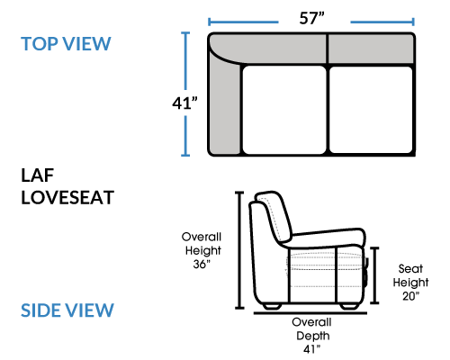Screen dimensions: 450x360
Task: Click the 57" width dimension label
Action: coord(312,18)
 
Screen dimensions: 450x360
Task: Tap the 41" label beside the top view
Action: coord(184,103)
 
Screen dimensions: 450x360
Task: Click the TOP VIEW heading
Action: coord(66,44)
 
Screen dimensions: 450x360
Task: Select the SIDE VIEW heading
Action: coord(67,310)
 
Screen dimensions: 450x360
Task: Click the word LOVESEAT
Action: coord(67,197)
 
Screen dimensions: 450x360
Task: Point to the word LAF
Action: coord(37,175)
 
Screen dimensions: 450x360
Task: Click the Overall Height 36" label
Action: coord(202,250)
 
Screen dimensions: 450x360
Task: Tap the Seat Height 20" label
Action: coord(410,283)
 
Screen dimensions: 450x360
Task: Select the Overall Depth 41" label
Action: coord(312,336)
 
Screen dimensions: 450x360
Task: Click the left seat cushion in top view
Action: coord(284,110)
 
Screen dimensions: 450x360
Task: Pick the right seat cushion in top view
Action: coord(371,110)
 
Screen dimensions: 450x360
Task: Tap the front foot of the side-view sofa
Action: coord(349,306)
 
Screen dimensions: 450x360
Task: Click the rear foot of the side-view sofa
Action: coord(272,306)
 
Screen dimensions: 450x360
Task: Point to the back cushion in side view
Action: coord(274,216)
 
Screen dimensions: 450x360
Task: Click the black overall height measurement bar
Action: coord(239,250)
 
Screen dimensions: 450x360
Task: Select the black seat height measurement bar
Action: coord(374,275)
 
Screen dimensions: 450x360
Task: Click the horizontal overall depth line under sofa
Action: coord(310,313)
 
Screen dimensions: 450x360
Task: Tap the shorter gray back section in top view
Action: coord(371,49)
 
